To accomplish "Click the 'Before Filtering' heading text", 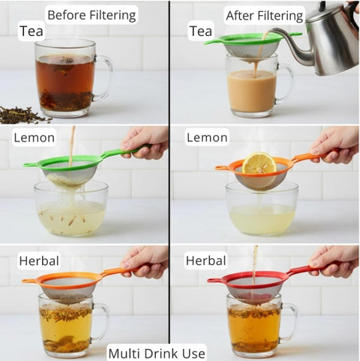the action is coord(91,15).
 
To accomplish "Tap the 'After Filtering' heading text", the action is coord(264,16).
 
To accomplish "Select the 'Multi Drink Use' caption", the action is coord(157,353).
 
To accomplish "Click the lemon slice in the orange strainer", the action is coord(259,164).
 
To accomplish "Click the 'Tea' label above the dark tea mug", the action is coord(31,31).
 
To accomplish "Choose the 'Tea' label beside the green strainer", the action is coord(201,31).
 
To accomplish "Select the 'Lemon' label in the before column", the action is coord(34,137).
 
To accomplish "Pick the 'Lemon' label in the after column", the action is coord(207,137).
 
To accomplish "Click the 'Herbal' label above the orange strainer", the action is coord(39,260).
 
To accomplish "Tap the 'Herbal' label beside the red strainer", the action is coord(205,260).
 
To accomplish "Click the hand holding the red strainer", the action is coord(334,260).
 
